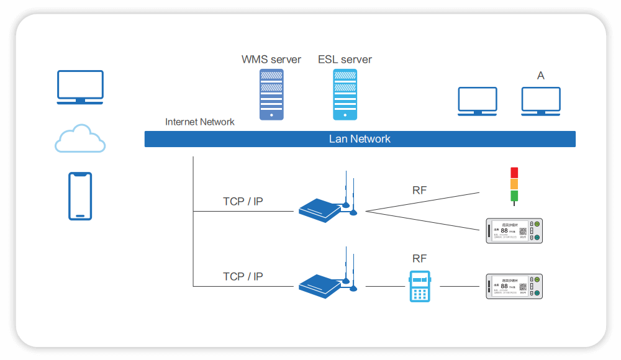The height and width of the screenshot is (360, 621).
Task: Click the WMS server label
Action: coord(271,60)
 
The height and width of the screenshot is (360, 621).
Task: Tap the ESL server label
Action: coord(345,60)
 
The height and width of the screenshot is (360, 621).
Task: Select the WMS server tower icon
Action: coord(271,94)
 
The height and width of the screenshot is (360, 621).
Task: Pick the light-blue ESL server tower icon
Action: coord(345,94)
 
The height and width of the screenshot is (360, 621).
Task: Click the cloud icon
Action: coord(80,139)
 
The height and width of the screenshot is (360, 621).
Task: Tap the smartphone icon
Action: coord(80,196)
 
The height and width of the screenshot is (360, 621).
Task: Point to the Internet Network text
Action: coord(200,122)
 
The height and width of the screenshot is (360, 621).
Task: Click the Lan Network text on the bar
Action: coord(360,139)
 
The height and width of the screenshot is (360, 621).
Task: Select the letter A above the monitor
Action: coord(541,76)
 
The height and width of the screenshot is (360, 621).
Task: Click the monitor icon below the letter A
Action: coord(541,101)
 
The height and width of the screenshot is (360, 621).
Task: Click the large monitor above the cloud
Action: coord(80,88)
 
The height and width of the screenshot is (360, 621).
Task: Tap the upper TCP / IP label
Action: coord(243,201)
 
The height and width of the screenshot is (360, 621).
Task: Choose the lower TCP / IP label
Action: coord(243,276)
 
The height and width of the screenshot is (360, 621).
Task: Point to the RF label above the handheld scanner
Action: coord(420,258)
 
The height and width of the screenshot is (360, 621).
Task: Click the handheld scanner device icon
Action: coord(420,286)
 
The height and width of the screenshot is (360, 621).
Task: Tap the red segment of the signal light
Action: coord(514,173)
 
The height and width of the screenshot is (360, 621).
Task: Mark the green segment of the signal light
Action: coord(514,196)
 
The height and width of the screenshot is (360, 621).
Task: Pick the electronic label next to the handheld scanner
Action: coord(514,287)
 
